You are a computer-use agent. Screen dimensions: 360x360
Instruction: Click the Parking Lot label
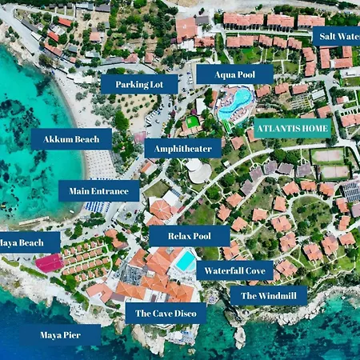click(x=138, y=83)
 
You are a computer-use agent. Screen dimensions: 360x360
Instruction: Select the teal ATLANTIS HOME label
click(x=291, y=127)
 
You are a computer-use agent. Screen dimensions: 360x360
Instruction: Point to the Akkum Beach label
click(x=71, y=139)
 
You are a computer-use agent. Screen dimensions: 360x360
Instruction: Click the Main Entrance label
click(x=98, y=190)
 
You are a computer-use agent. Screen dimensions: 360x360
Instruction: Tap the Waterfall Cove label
click(x=234, y=270)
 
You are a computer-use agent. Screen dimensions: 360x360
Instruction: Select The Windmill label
click(x=268, y=295)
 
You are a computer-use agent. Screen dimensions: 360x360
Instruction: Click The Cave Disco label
click(x=166, y=313)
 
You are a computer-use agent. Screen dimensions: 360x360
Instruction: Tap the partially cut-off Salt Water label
click(x=335, y=36)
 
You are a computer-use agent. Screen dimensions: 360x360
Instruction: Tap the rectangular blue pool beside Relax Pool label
click(x=186, y=261)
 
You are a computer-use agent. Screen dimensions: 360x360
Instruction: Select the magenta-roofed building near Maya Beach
click(x=49, y=262)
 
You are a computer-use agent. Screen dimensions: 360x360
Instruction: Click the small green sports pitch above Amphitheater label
click(x=191, y=123)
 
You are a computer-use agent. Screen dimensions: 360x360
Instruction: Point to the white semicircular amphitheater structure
click(x=197, y=170)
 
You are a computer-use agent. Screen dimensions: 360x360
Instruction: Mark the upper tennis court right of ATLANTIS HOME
click(x=329, y=156)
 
